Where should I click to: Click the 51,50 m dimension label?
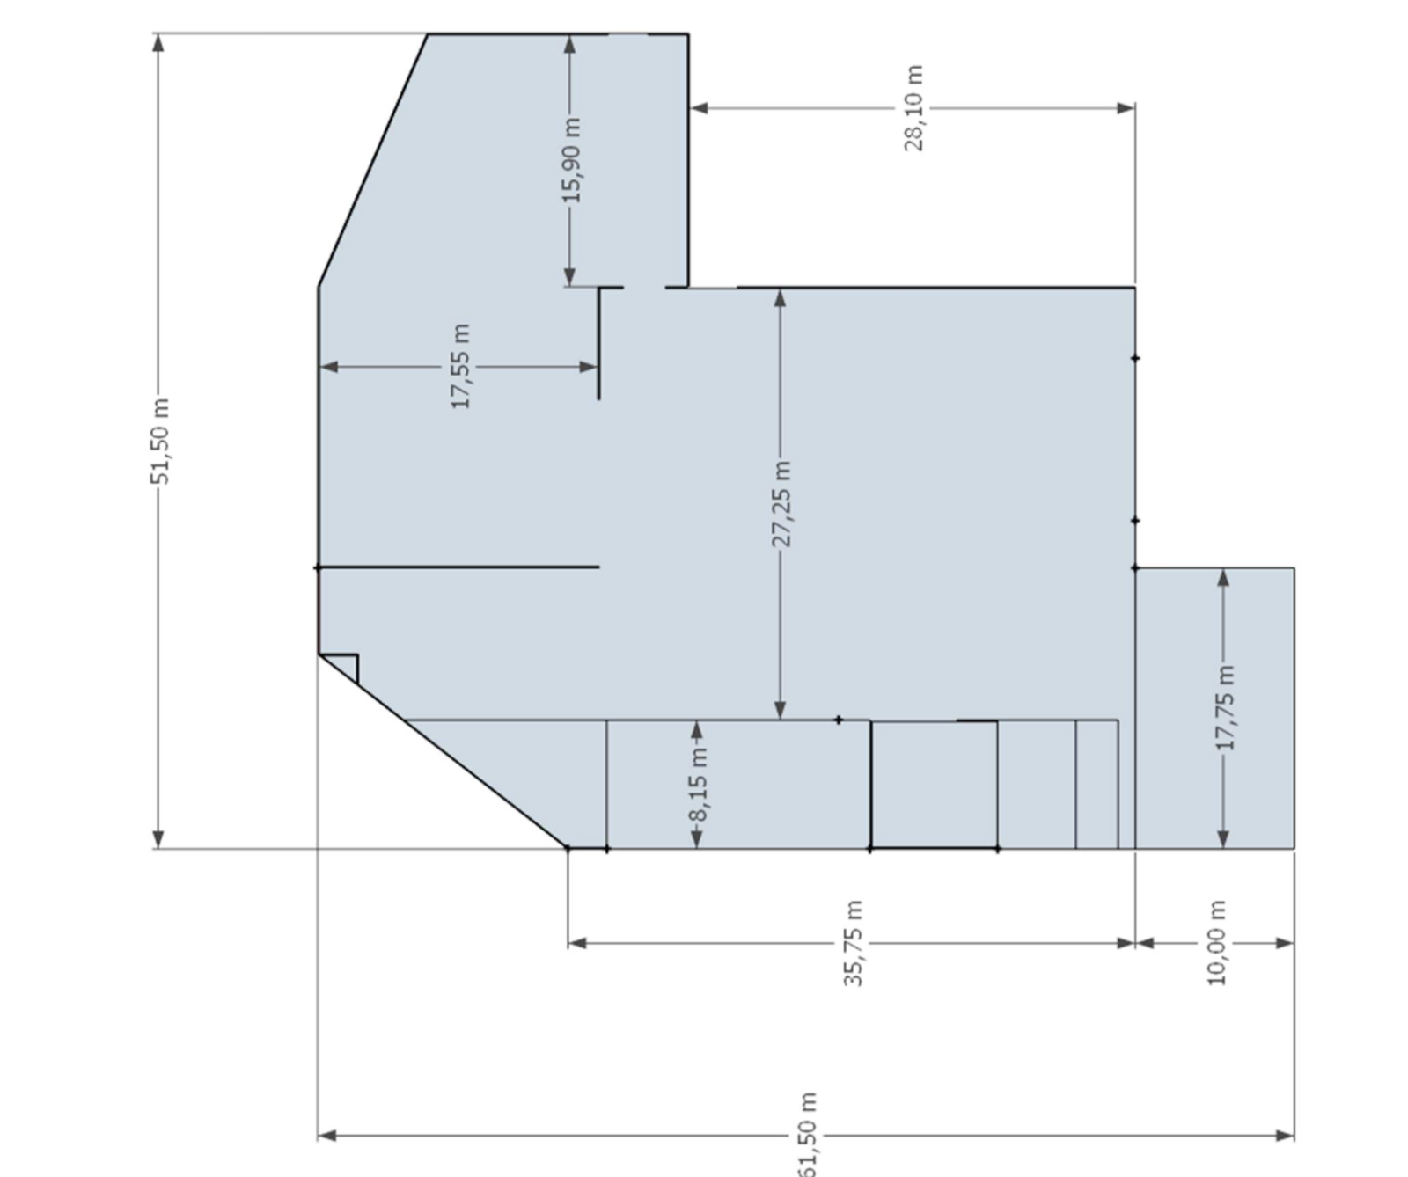160,441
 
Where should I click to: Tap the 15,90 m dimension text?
571,160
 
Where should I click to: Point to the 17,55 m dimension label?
460,366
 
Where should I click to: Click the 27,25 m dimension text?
781,503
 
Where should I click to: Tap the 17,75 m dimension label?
1224,708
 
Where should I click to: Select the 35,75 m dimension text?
853,943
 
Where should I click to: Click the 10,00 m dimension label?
1215,943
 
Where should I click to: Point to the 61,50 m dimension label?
808,1134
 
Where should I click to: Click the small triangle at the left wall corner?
344,665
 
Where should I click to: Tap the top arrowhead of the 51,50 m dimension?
158,43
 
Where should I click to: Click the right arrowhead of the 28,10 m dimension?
1126,108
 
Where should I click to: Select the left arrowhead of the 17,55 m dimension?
328,367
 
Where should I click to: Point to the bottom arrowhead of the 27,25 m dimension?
780,710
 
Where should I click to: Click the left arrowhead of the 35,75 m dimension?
577,943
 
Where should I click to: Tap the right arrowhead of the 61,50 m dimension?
1285,1136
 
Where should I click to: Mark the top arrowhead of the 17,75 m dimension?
1223,578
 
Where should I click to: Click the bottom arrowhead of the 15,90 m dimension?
569,276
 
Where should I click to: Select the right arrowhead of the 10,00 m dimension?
1285,943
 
